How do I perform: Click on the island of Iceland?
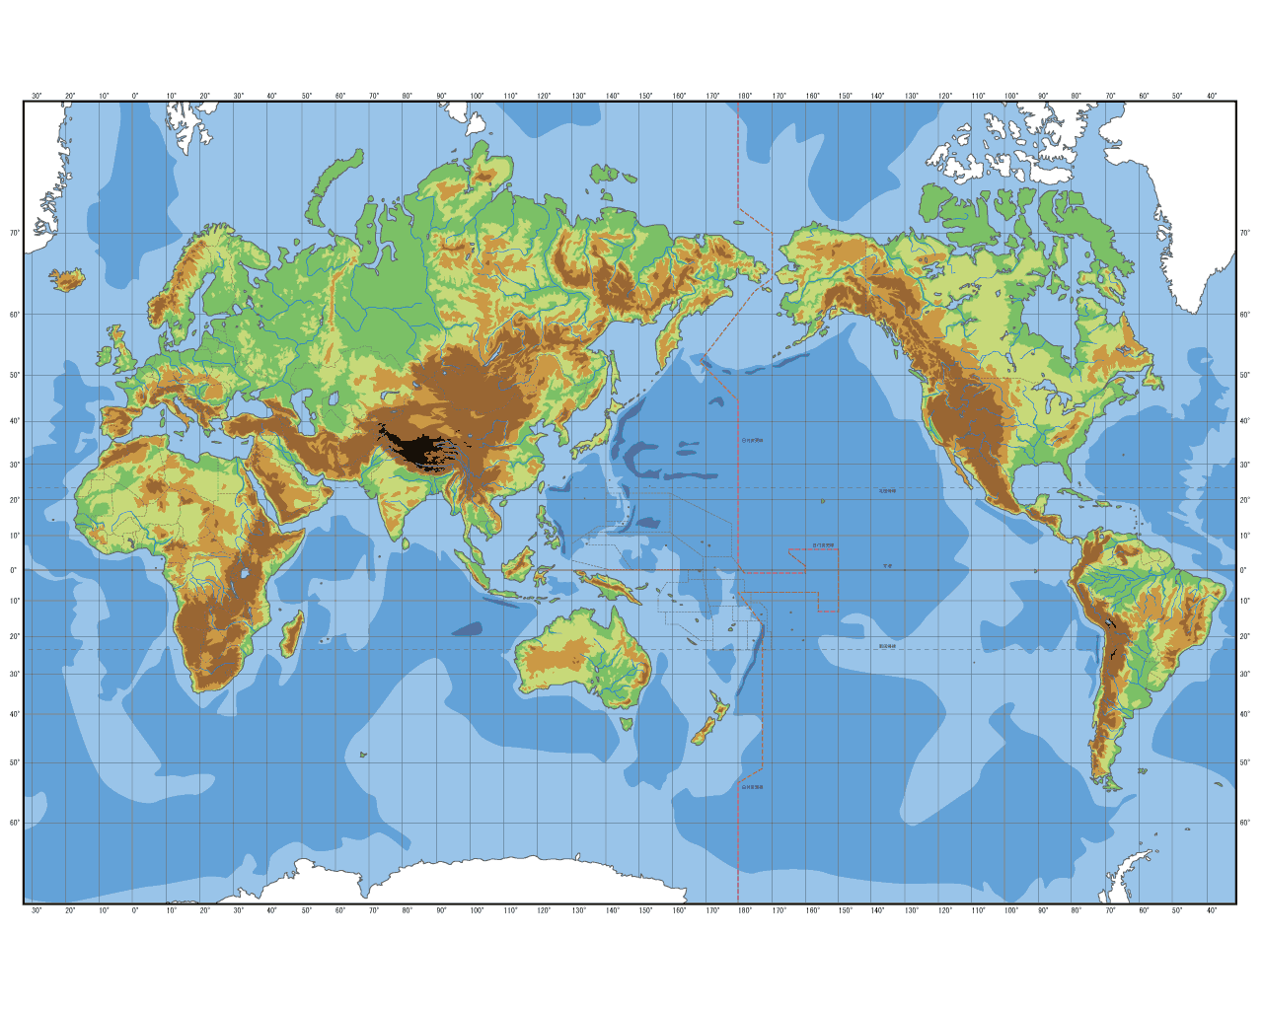68,280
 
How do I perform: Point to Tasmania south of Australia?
626,724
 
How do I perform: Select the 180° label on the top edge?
745,96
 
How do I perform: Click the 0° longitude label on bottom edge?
135,910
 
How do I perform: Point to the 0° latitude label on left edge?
14,570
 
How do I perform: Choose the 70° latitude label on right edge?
1245,233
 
